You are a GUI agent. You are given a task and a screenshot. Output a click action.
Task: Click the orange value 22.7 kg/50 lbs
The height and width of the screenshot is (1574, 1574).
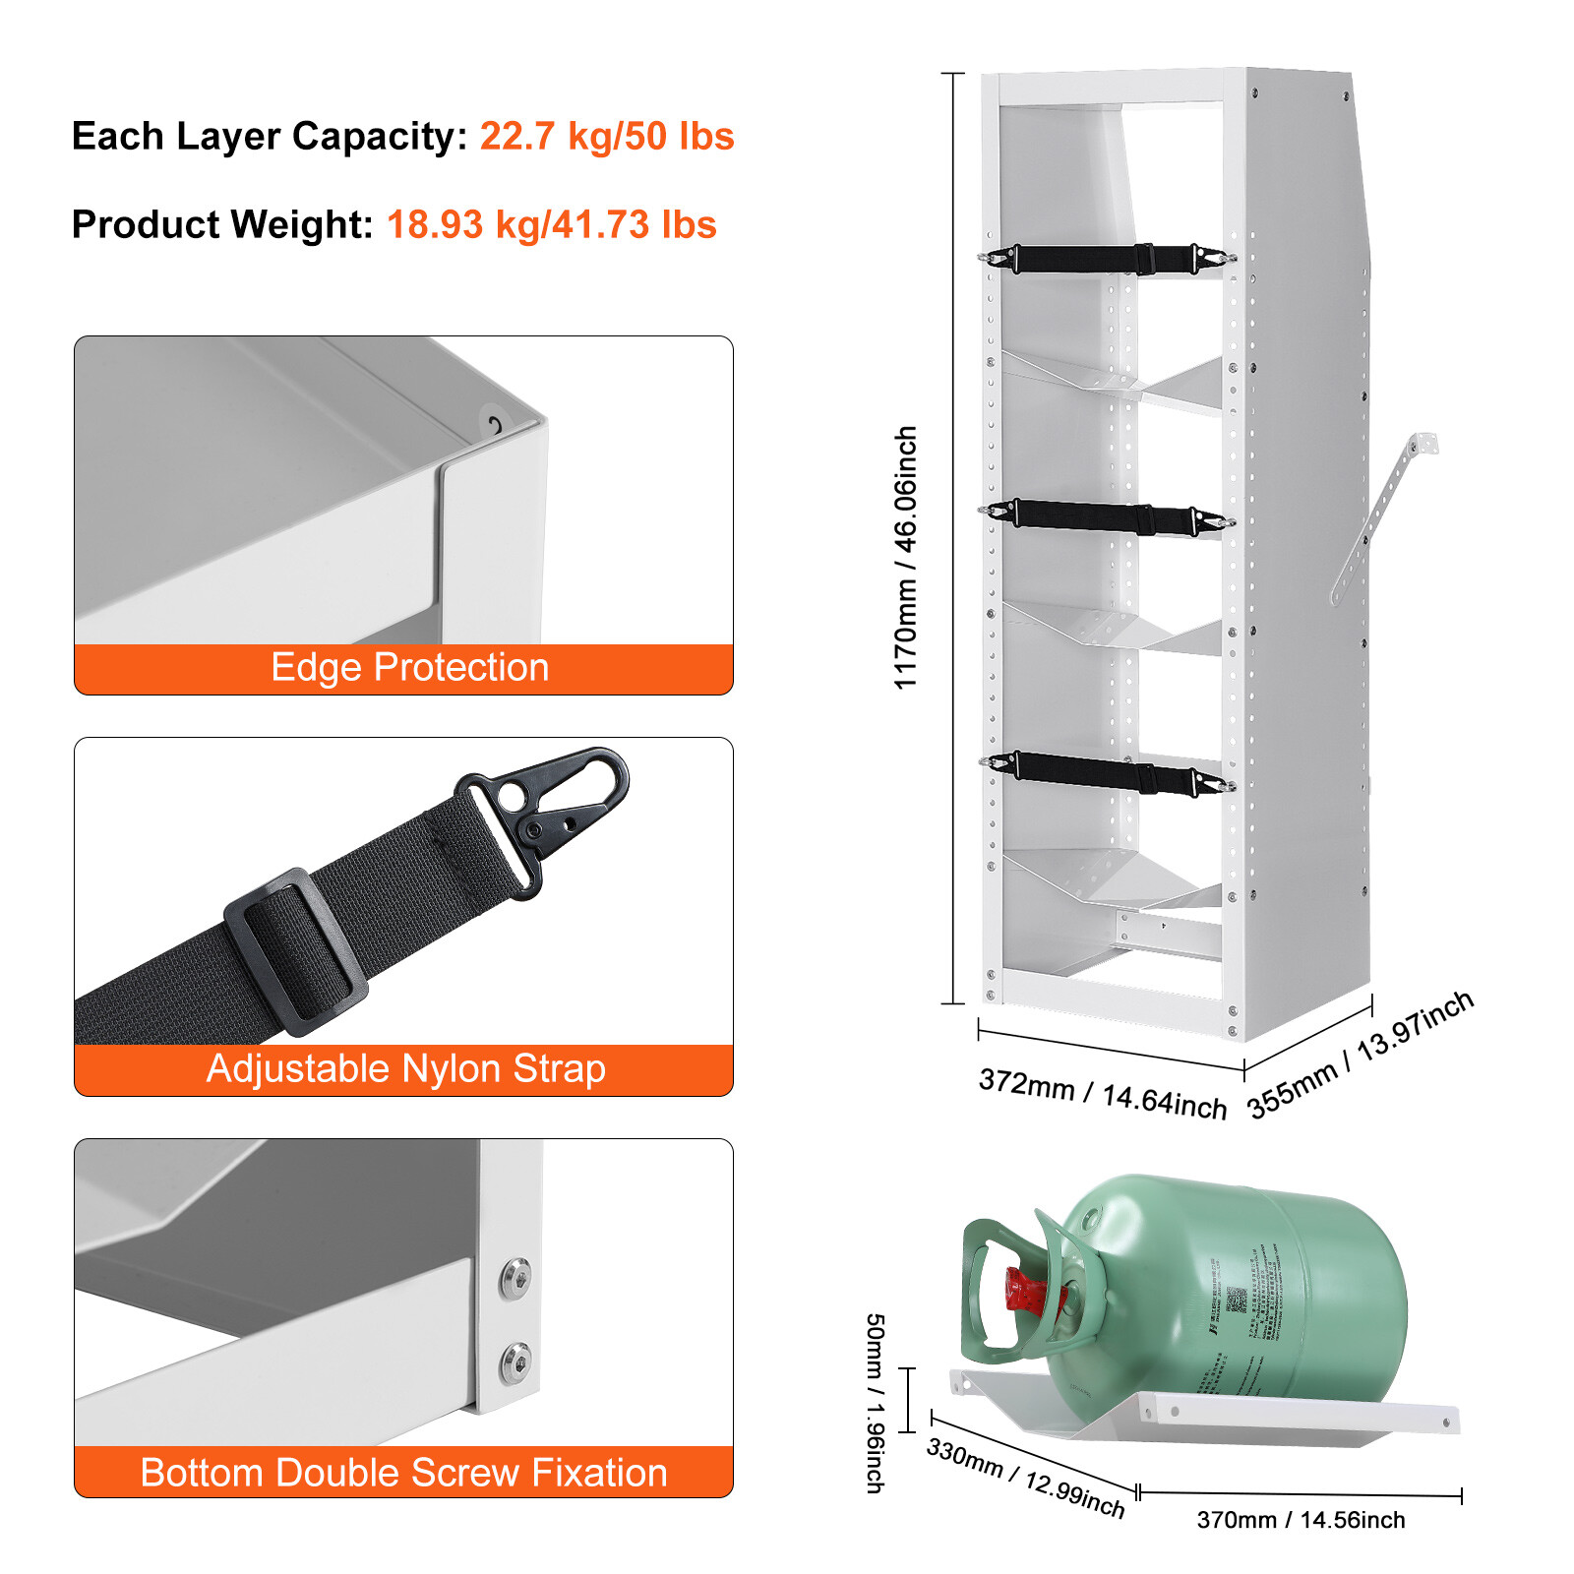click(606, 136)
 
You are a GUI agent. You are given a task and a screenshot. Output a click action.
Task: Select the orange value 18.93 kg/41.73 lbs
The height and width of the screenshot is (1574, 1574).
click(551, 224)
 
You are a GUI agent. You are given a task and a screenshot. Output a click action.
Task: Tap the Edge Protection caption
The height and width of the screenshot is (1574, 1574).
click(409, 668)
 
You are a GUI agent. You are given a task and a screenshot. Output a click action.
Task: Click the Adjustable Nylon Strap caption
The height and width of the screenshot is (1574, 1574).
click(405, 1069)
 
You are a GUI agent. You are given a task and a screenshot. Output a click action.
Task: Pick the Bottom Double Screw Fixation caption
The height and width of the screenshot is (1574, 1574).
click(403, 1473)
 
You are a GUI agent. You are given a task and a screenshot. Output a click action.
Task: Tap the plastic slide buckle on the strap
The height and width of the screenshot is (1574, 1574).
click(295, 952)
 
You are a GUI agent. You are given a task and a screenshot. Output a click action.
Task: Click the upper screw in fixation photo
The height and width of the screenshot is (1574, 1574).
click(515, 1278)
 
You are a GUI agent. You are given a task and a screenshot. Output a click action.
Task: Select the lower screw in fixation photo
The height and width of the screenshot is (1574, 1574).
click(515, 1362)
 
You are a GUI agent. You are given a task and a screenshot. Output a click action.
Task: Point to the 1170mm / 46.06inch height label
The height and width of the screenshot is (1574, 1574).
click(905, 558)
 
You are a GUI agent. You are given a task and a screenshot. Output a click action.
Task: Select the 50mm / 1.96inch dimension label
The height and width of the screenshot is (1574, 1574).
click(874, 1403)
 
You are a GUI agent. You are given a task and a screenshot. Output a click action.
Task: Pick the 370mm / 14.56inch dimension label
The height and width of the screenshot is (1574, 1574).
click(1301, 1520)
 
